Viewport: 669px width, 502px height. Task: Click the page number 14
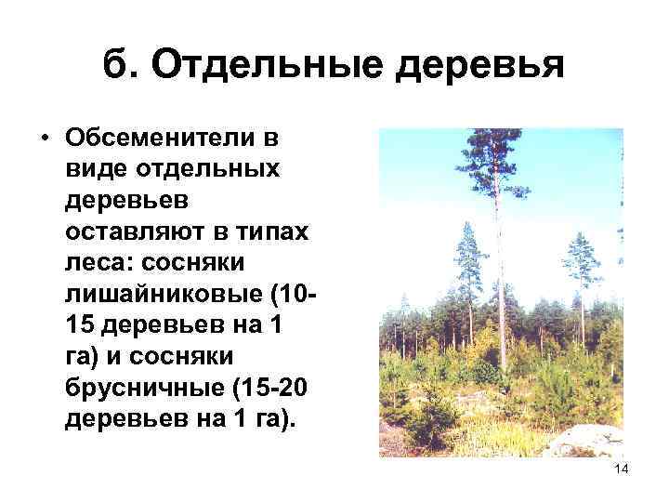coord(622,470)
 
